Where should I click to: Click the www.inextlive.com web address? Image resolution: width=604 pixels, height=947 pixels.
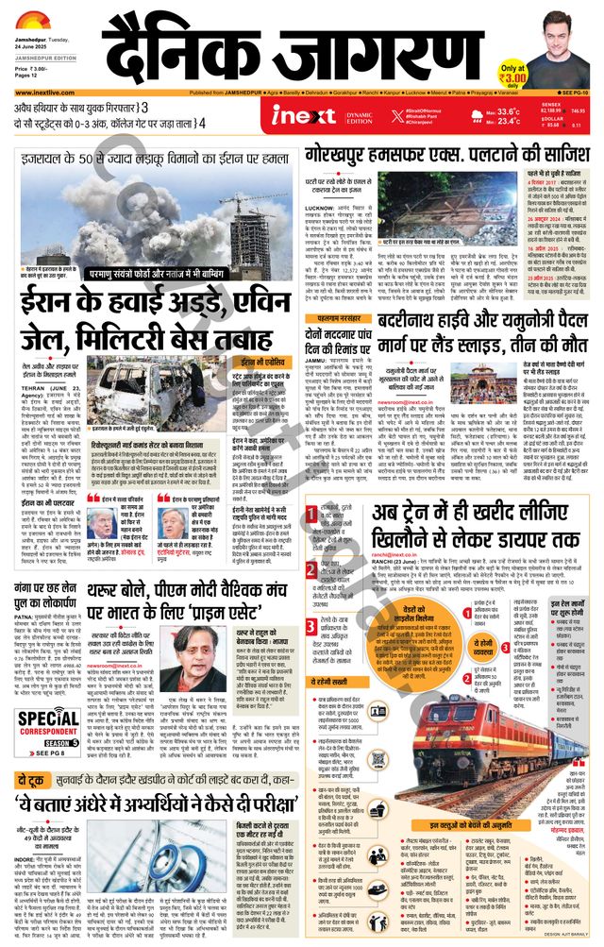click(37, 93)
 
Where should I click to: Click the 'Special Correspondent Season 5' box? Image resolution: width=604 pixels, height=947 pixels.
click(46, 728)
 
